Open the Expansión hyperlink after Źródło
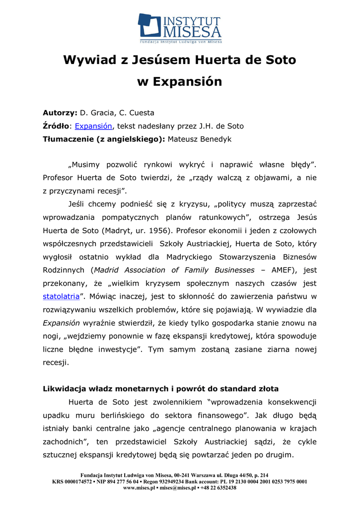click(x=94, y=126)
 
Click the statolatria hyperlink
click(x=61, y=297)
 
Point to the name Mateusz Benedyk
click(x=200, y=139)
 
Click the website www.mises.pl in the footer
click(x=140, y=488)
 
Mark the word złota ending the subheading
click(x=267, y=388)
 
